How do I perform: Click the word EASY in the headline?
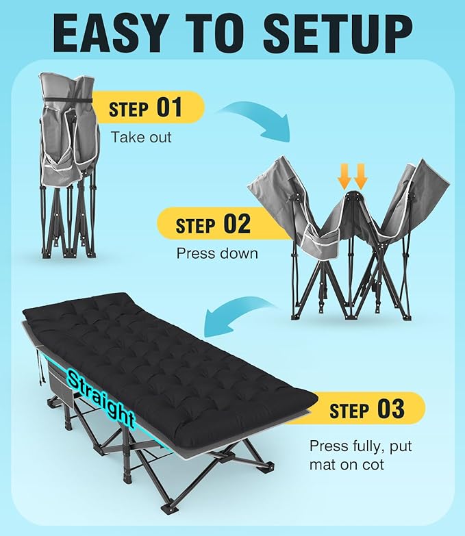(108, 34)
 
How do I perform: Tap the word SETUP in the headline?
(338, 34)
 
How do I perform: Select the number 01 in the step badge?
(169, 107)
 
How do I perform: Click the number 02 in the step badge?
(237, 224)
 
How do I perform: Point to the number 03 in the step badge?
(391, 409)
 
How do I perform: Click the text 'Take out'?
(141, 137)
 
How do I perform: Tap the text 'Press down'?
(217, 253)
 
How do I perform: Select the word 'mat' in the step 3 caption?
(324, 465)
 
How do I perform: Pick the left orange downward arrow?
(344, 176)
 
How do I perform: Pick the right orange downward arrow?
(360, 176)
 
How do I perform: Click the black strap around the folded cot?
(68, 100)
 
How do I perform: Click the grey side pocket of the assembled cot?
(60, 388)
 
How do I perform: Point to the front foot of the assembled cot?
(170, 508)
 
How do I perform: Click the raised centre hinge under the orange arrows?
(353, 196)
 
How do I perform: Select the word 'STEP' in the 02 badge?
(196, 226)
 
